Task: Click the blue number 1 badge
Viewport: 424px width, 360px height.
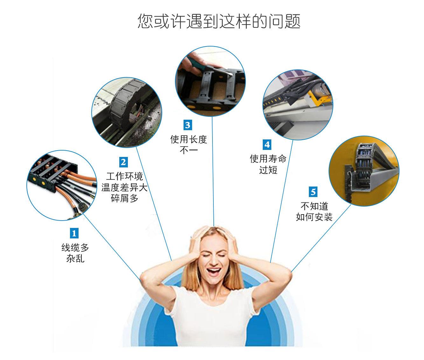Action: pos(74,233)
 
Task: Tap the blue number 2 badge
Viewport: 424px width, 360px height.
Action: pos(123,162)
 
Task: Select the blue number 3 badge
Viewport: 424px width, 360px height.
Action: pos(187,125)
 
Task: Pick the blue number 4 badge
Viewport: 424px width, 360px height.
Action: pos(267,145)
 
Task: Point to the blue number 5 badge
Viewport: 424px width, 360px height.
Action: pos(313,192)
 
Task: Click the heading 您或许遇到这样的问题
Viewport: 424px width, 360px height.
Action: pos(219,21)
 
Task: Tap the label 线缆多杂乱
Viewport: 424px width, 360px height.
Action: pos(75,253)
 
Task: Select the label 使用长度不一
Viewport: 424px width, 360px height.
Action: pos(189,145)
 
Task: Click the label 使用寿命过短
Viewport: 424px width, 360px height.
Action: pos(268,164)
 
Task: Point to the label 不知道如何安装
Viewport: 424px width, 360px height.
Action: pos(314,212)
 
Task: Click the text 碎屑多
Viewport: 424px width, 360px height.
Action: pos(124,199)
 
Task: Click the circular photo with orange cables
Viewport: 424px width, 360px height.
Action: pos(62,185)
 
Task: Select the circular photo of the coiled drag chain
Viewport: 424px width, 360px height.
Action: pos(127,112)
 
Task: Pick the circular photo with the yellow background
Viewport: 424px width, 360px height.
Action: pos(364,171)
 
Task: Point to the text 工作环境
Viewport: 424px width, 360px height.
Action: pos(124,176)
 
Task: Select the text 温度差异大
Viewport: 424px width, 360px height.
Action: pos(124,187)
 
